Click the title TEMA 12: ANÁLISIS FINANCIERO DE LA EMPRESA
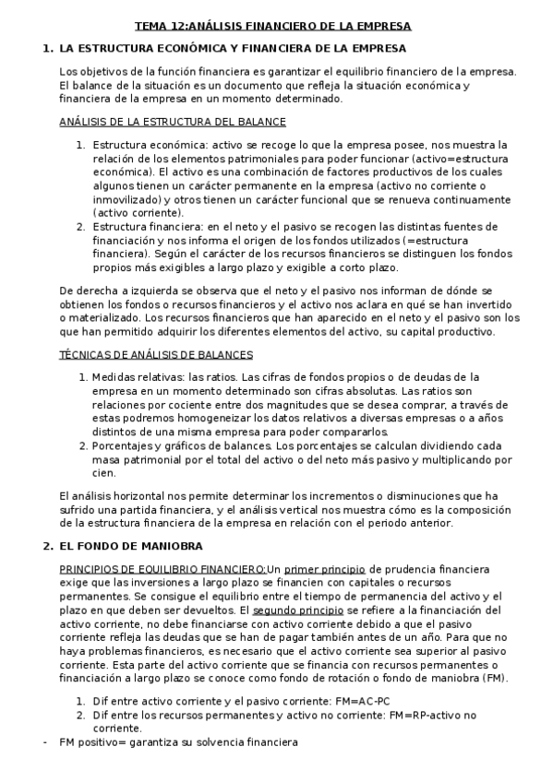(x=273, y=27)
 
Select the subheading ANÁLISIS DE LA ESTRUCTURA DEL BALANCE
(x=173, y=122)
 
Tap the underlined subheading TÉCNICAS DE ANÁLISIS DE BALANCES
(x=156, y=354)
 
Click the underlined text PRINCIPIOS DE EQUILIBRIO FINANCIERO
(x=162, y=569)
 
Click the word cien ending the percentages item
(x=103, y=473)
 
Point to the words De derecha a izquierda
(x=113, y=290)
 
